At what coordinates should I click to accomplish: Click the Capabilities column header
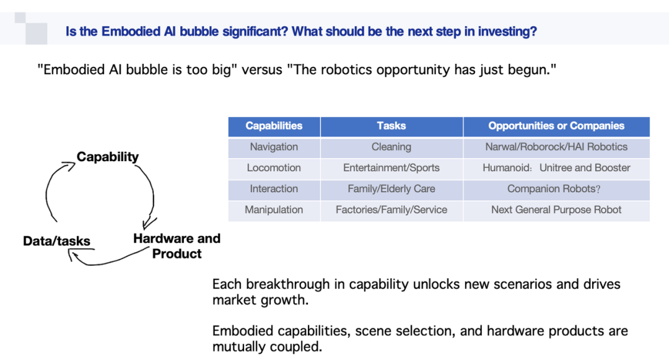tap(274, 126)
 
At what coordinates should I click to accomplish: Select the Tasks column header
tap(391, 126)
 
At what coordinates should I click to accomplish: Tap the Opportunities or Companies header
tap(556, 126)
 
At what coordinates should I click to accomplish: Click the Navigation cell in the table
tap(274, 147)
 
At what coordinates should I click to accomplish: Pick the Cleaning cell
tap(391, 147)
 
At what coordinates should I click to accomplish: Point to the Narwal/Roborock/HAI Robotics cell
tap(556, 147)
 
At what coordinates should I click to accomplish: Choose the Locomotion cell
tap(274, 168)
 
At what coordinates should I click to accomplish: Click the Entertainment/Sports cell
tap(391, 168)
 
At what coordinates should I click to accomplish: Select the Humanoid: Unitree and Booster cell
tap(556, 168)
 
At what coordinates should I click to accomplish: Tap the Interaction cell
tap(274, 189)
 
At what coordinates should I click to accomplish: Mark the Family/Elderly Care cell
tap(391, 189)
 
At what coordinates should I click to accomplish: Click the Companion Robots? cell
tap(556, 189)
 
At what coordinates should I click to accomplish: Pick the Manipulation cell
tap(274, 210)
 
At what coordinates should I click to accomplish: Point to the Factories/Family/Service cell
tap(391, 210)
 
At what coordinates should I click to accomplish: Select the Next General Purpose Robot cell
tap(556, 210)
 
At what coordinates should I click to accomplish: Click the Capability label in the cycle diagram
tap(108, 157)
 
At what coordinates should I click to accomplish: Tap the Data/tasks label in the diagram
tap(57, 241)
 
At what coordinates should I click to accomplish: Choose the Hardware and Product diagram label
tap(177, 246)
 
